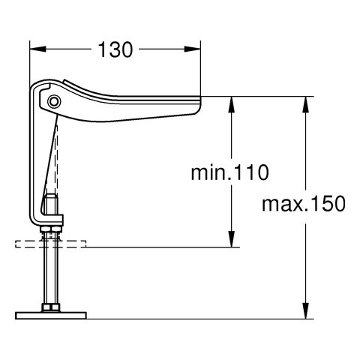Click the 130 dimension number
[115, 49]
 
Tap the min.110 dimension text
[229, 172]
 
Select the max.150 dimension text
[304, 204]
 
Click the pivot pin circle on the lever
[54, 101]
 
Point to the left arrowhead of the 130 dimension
[37, 49]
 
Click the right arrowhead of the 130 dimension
[192, 49]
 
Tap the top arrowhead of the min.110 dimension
[232, 104]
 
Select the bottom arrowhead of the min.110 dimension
[232, 239]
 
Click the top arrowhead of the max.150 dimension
[305, 104]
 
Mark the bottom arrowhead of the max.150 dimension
[305, 311]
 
